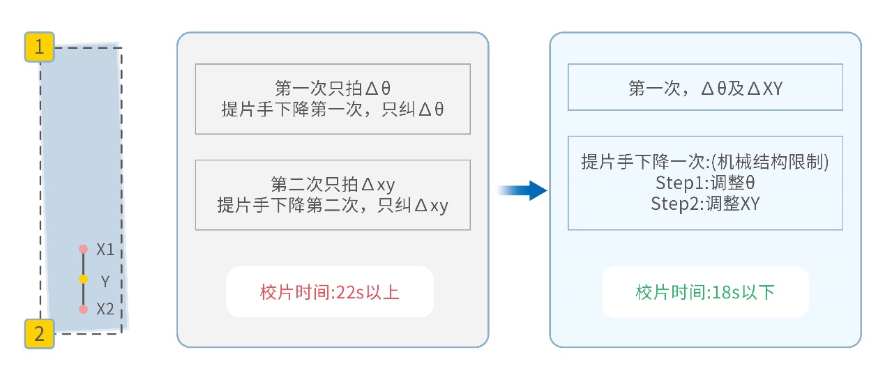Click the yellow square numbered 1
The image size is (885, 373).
pos(40,47)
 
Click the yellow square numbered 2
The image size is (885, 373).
pos(40,333)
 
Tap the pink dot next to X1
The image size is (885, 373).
pos(83,249)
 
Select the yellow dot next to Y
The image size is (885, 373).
pos(83,280)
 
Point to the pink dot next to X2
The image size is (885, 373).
pos(83,309)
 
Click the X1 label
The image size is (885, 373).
pos(105,250)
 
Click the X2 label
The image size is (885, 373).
pos(105,310)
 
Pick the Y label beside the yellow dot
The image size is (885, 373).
pos(105,281)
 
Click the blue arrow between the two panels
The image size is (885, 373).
pos(522,190)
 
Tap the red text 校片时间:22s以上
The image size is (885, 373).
pos(329,292)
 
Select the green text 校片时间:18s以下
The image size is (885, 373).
pos(705,292)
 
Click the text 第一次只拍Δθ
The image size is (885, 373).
pos(332,89)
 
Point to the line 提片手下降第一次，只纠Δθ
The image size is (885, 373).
pos(332,109)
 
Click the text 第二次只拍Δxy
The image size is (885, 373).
pos(332,185)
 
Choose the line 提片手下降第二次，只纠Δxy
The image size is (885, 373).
pos(332,206)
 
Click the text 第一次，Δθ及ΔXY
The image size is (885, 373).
pos(705,88)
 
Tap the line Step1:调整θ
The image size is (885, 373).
pos(705,183)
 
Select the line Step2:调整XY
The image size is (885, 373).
pos(705,204)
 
